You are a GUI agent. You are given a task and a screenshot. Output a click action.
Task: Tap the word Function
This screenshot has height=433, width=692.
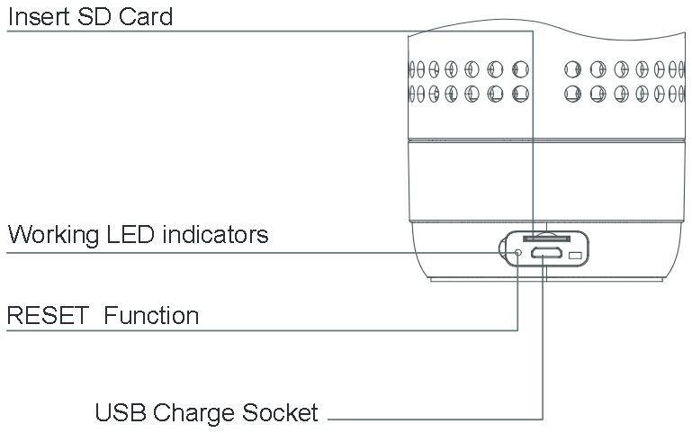coord(150,316)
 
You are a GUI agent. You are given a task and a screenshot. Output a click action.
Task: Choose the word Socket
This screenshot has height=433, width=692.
coord(281,413)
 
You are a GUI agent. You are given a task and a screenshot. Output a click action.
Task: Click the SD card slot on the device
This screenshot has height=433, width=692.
coord(544,238)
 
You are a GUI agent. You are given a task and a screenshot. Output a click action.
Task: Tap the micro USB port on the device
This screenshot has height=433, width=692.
coord(544,255)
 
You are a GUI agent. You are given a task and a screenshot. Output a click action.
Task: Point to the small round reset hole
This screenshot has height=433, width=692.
coord(517,254)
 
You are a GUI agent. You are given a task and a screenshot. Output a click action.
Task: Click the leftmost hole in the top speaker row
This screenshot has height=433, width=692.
coord(414,68)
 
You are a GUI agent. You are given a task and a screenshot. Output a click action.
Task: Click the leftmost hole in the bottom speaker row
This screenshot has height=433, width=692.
coord(414,92)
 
